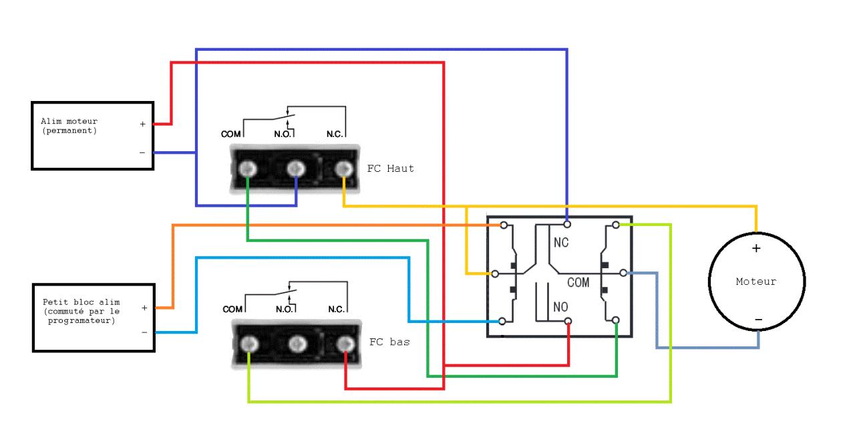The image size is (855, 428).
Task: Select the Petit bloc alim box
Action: (x=93, y=316)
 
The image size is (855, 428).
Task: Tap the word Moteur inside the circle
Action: (x=756, y=282)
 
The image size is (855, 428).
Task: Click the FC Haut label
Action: (x=391, y=169)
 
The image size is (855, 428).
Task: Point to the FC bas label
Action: (x=389, y=342)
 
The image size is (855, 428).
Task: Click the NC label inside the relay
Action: (x=561, y=243)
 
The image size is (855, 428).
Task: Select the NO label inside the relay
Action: (x=561, y=309)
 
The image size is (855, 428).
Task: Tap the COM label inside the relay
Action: (x=578, y=282)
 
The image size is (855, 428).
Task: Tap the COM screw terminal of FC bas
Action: (x=248, y=344)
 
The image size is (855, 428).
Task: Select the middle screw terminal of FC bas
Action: (x=297, y=344)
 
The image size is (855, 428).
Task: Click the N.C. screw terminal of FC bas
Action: (x=345, y=344)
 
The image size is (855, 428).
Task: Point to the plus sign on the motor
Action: (x=756, y=248)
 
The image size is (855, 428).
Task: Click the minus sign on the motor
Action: (x=757, y=320)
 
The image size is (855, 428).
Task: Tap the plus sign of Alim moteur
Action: (x=142, y=124)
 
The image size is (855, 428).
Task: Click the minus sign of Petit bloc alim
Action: (x=143, y=332)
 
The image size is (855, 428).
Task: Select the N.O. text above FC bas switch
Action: (x=285, y=310)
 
